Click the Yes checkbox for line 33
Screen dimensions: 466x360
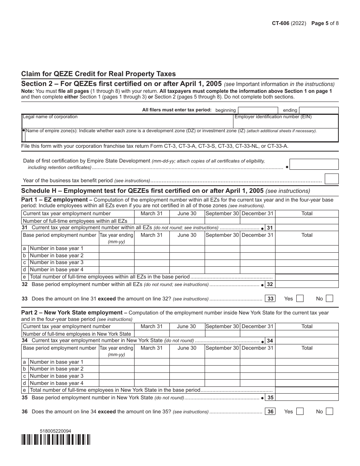[300, 299]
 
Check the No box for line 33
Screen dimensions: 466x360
[329, 299]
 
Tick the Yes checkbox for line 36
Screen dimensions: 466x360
[300, 411]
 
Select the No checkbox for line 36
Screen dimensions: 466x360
[329, 411]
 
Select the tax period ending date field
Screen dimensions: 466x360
[319, 110]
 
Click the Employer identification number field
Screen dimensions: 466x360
[286, 121]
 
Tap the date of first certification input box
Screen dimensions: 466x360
[314, 164]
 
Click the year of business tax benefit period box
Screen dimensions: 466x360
[332, 179]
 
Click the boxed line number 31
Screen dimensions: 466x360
[269, 228]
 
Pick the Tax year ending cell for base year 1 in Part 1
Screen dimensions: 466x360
[116, 249]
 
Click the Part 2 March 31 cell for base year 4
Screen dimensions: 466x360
[152, 383]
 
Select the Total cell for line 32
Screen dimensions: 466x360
[307, 284]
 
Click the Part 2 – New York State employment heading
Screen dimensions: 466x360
[74, 313]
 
